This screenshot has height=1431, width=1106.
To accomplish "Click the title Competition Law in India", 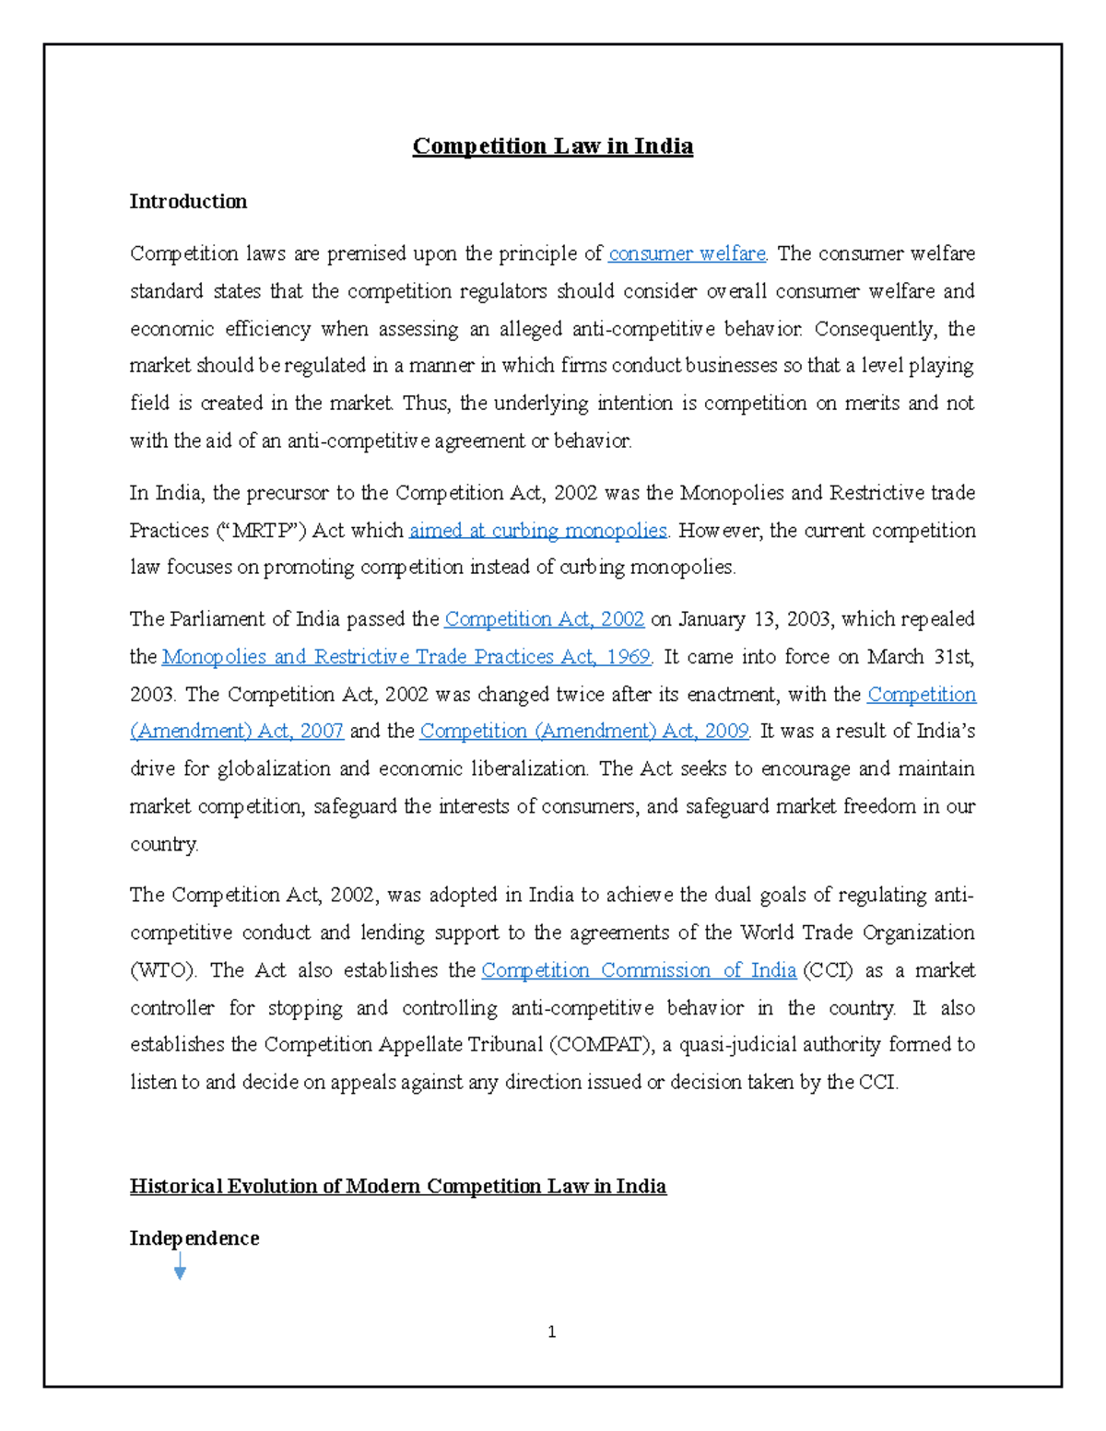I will (552, 147).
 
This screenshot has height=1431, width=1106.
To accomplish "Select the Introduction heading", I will (188, 202).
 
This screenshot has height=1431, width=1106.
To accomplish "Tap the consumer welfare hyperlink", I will (687, 253).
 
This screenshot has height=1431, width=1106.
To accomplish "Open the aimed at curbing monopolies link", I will (537, 531).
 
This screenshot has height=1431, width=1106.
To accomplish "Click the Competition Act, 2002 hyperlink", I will (544, 619).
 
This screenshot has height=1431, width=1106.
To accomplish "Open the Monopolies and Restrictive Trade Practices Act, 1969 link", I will (406, 657).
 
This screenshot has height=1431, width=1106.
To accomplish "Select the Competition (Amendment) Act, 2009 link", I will (583, 732).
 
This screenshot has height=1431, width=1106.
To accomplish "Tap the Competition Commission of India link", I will (638, 971).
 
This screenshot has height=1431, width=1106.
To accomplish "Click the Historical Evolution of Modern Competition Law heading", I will (397, 1187).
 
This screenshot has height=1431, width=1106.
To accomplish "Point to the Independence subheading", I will (194, 1238).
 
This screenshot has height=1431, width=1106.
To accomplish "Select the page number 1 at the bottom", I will (551, 1331).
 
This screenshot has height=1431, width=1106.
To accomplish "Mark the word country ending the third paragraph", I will (163, 845).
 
